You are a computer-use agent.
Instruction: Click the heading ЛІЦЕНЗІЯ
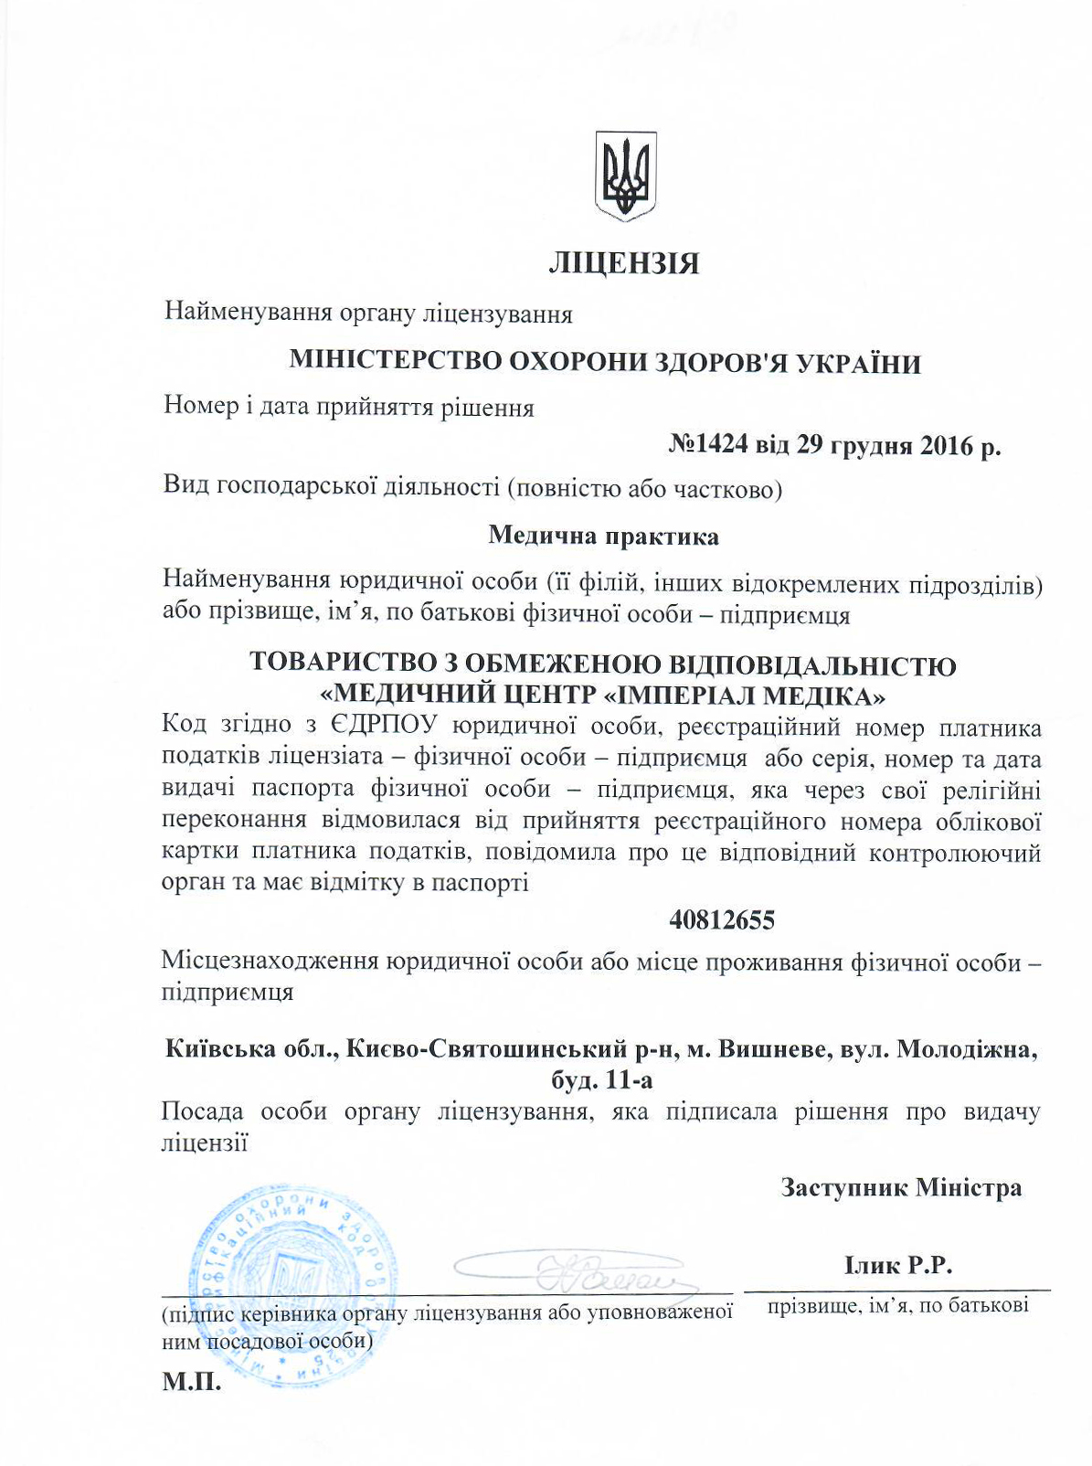624,264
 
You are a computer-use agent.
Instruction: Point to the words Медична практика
603,536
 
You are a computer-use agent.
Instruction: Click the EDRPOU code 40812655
722,920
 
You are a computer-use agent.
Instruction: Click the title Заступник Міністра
901,1187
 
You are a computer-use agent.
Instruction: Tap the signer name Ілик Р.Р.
899,1266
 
